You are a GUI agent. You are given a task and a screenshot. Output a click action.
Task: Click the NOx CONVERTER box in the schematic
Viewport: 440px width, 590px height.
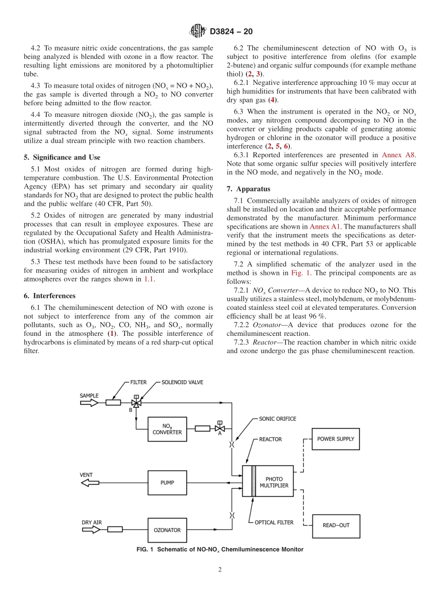pyautogui.click(x=167, y=429)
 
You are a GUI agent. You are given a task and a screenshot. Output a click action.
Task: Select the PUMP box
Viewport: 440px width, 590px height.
pyautogui.click(x=167, y=483)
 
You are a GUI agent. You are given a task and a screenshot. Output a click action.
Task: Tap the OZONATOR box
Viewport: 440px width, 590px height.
pyautogui.click(x=167, y=530)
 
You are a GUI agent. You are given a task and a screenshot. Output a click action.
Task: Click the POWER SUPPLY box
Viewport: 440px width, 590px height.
pyautogui.click(x=335, y=439)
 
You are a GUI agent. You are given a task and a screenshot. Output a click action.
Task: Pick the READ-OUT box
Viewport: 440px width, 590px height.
pyautogui.click(x=336, y=526)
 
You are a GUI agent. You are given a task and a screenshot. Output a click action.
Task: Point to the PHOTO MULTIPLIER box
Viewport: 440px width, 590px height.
pyautogui.click(x=274, y=481)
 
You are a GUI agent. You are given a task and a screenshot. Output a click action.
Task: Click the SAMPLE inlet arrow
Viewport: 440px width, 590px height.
pyautogui.click(x=89, y=403)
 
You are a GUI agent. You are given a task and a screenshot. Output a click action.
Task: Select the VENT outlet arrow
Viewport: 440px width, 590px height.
pyautogui.click(x=90, y=483)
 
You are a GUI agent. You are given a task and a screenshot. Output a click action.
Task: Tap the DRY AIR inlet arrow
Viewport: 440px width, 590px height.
pyautogui.click(x=91, y=529)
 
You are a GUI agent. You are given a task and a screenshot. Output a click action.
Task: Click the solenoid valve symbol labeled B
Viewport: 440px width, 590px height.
pyautogui.click(x=136, y=403)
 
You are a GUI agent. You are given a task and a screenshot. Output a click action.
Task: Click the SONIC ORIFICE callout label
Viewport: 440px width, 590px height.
pyautogui.click(x=277, y=419)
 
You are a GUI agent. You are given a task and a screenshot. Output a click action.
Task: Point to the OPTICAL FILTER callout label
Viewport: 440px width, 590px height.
pyautogui.click(x=274, y=522)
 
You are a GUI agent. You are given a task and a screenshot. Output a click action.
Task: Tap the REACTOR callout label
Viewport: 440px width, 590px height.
pyautogui.click(x=270, y=439)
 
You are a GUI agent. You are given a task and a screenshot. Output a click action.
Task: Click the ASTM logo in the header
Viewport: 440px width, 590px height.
pyautogui.click(x=198, y=32)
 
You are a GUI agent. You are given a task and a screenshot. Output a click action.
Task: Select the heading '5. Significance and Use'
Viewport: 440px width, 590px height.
pyautogui.click(x=66, y=158)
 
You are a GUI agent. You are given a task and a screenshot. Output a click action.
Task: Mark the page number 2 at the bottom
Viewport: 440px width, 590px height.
pyautogui.click(x=220, y=570)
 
